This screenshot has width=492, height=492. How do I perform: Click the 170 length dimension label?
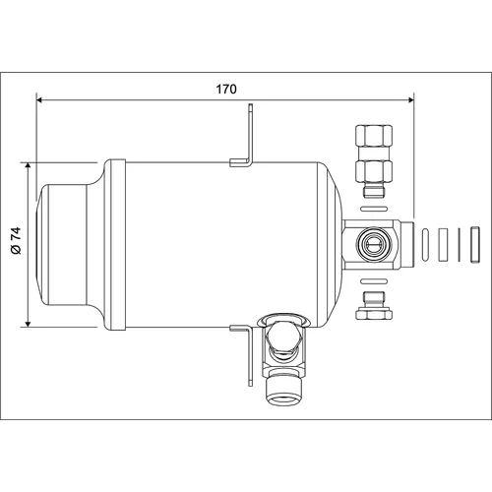(x=226, y=89)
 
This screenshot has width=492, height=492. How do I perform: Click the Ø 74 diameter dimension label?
(x=16, y=240)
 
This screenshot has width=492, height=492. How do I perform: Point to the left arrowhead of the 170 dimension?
(x=39, y=99)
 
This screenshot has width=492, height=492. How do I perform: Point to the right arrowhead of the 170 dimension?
(x=411, y=99)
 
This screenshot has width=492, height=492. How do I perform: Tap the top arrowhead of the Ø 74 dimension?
(x=28, y=165)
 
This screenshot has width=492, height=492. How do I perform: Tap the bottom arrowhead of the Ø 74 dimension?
(x=28, y=324)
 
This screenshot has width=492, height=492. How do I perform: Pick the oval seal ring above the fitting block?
(x=374, y=209)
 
